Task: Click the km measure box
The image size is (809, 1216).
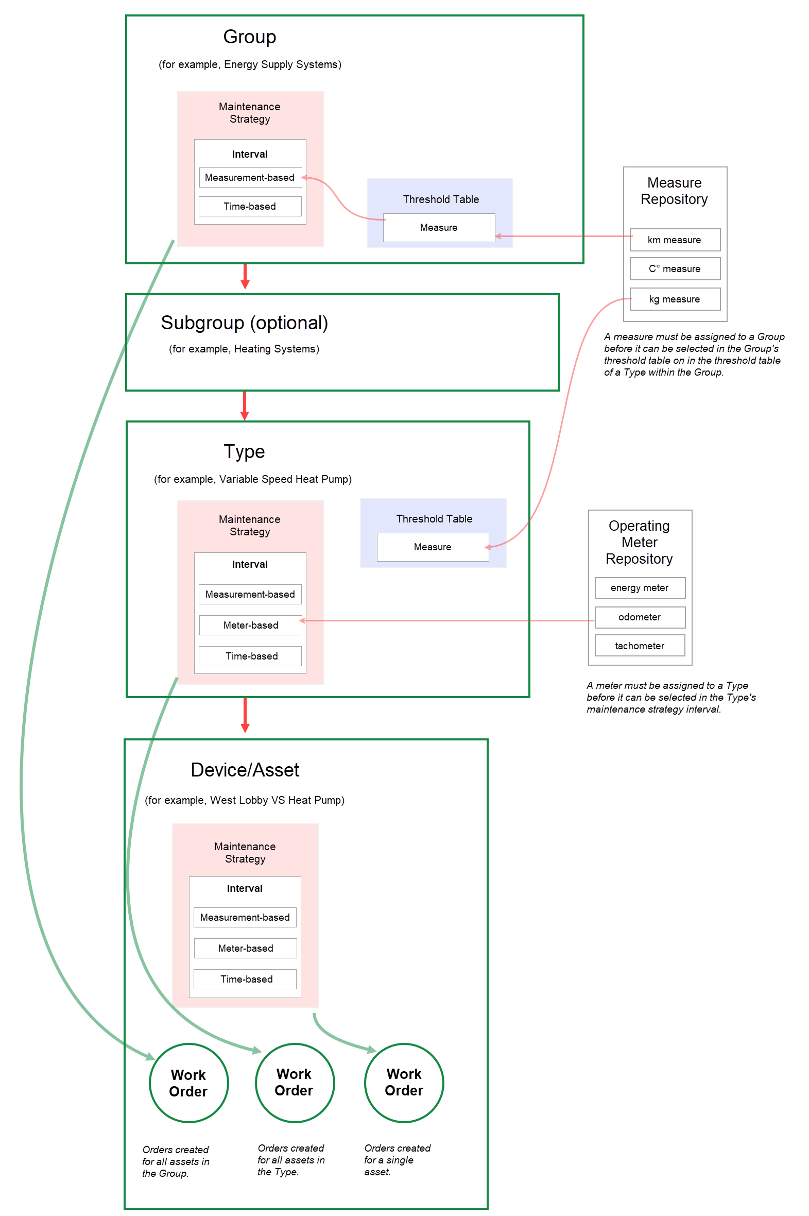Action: point(675,240)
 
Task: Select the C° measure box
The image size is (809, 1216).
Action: point(675,269)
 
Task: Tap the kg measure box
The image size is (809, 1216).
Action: point(675,299)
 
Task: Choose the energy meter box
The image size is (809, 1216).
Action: point(639,588)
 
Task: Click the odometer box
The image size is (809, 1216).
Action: point(639,617)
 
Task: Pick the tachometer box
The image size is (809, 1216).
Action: point(639,646)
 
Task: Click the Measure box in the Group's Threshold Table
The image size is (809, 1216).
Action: point(439,228)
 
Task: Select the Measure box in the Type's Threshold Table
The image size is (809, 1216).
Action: point(433,547)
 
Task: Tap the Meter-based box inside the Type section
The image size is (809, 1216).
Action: point(250,625)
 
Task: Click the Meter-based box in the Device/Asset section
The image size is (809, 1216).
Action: point(245,948)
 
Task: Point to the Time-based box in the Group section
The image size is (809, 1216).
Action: point(250,207)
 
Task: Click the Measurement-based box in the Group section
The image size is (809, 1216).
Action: point(250,178)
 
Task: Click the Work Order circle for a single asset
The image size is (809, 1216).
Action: point(404,1083)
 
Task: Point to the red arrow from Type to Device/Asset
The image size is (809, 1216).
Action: point(245,715)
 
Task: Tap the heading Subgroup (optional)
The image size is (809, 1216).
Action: point(244,323)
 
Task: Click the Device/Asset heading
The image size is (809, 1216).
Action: point(245,770)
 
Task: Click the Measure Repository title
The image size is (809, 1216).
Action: point(675,191)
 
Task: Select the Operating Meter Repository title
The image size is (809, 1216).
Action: point(639,542)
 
